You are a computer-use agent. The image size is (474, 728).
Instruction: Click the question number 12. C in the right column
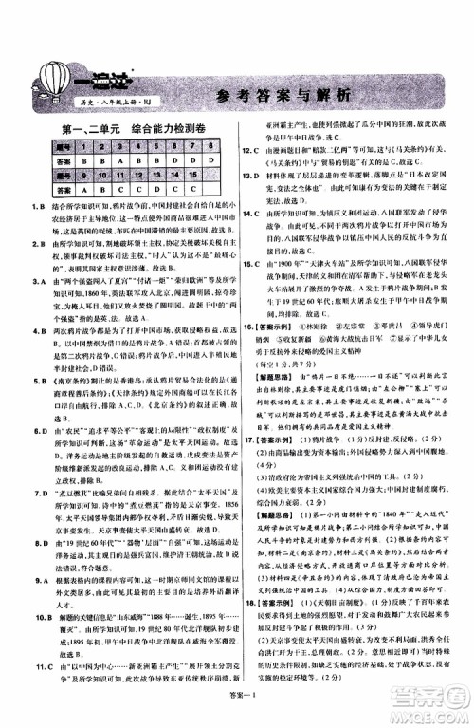point(248,151)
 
